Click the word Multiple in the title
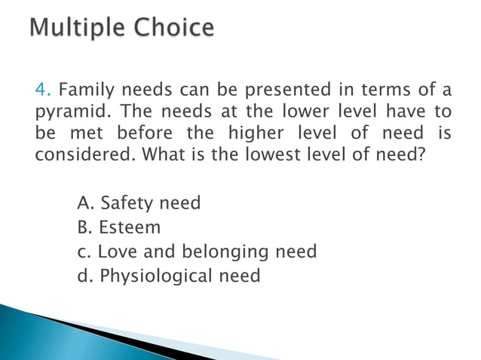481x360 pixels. pos(79,29)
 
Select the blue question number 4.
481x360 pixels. pos(40,92)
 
